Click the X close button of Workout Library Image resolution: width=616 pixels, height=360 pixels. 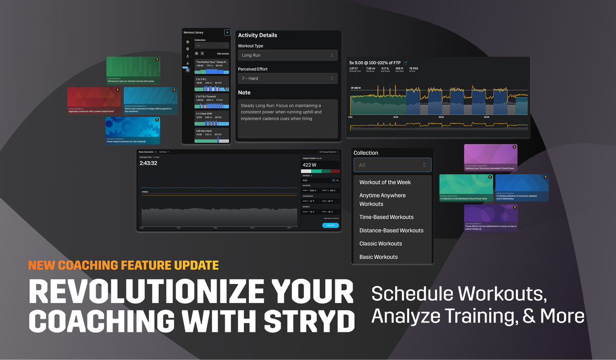227,32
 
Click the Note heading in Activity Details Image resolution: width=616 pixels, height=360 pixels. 244,92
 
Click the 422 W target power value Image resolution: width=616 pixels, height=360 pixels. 309,165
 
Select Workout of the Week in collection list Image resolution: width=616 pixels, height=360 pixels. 385,182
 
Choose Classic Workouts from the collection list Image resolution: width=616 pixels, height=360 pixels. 380,243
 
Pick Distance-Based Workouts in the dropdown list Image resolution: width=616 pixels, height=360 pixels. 391,231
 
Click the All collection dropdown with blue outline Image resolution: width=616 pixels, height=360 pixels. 392,165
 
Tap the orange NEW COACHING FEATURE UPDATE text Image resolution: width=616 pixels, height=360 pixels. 123,266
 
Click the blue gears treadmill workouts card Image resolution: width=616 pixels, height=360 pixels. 132,130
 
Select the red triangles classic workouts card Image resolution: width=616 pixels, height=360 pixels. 94,101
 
